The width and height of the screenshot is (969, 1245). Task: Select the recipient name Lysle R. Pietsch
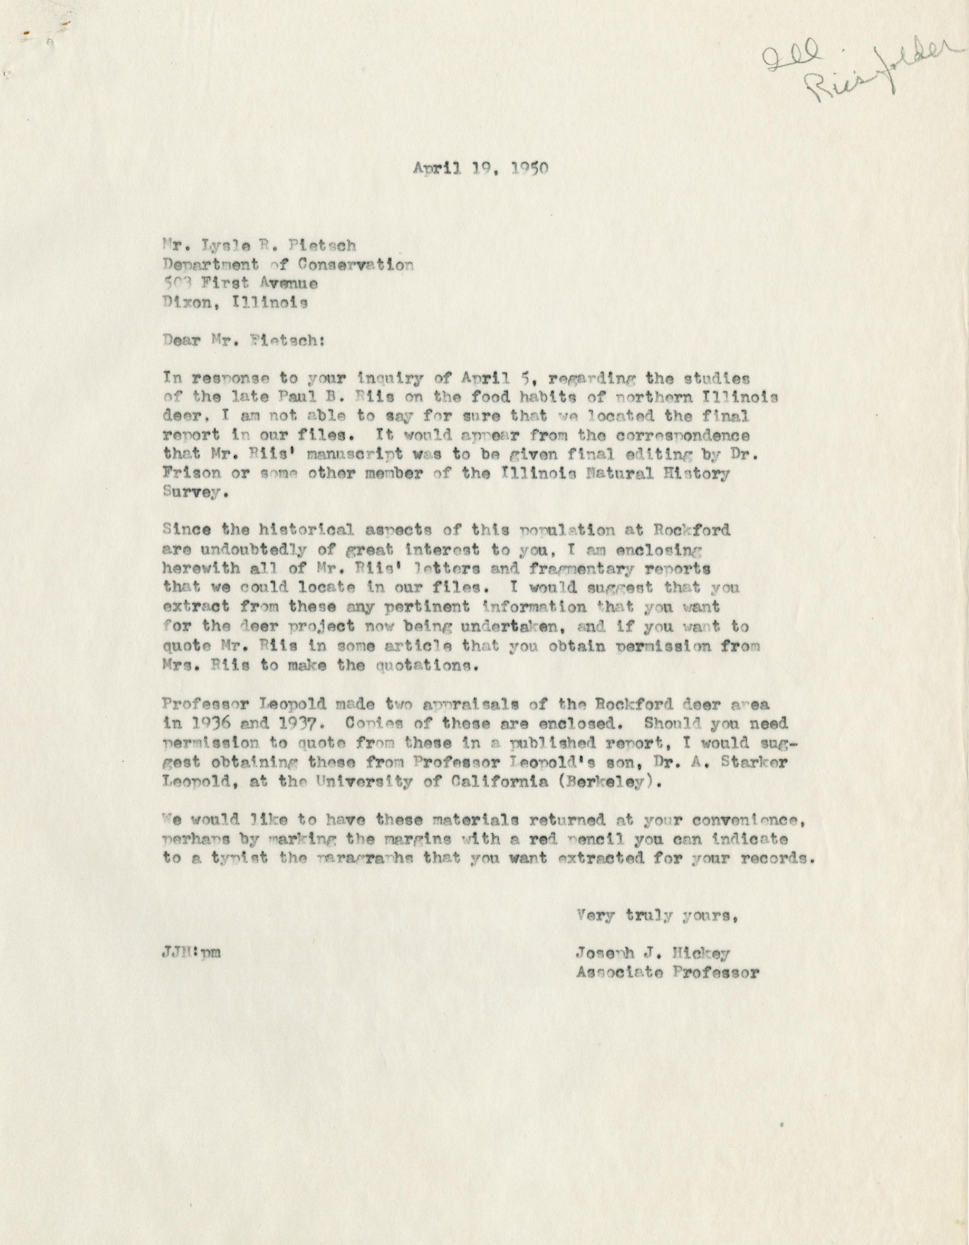click(x=260, y=246)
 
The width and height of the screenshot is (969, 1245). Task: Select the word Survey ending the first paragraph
click(x=194, y=493)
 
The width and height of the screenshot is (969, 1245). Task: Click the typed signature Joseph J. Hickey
click(x=653, y=953)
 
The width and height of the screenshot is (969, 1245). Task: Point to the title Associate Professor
click(x=667, y=973)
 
